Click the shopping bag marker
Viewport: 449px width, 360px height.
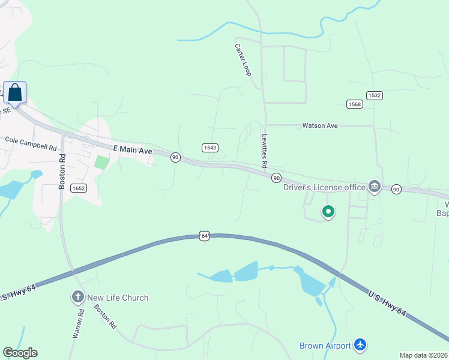[x=15, y=94]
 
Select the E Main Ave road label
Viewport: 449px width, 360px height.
[x=133, y=149]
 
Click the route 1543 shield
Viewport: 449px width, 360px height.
[x=209, y=148]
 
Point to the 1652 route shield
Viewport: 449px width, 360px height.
[x=78, y=188]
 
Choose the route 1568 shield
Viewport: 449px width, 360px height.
[x=355, y=104]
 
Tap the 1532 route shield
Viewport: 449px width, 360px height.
[x=374, y=95]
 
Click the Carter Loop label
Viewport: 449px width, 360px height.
[x=243, y=59]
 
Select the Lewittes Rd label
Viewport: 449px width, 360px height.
[x=264, y=151]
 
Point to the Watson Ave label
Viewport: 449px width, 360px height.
[x=320, y=125]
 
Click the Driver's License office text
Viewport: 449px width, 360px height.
[x=324, y=187]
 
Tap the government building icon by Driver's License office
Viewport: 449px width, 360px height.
[x=375, y=187]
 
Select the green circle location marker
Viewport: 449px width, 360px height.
[x=328, y=211]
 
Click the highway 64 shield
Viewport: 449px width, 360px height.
[x=205, y=236]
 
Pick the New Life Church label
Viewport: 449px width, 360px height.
[x=118, y=298]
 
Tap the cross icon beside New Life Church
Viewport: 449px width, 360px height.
[x=77, y=298]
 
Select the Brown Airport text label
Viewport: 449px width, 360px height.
[x=325, y=346]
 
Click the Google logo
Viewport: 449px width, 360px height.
[x=20, y=353]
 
